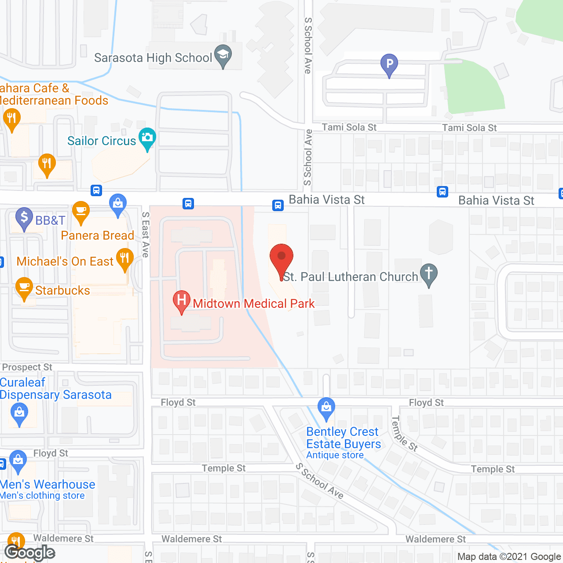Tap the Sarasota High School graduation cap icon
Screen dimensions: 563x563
click(223, 55)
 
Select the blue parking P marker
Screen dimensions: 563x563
click(389, 64)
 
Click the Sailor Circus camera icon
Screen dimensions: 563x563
click(147, 138)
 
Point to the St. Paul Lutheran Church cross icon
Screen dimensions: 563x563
click(429, 274)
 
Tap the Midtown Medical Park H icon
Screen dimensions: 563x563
click(181, 301)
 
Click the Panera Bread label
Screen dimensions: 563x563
click(97, 236)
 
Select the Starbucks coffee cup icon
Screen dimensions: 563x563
click(24, 288)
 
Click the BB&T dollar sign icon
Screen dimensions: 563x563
click(24, 218)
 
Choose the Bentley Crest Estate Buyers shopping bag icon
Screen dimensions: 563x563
click(326, 408)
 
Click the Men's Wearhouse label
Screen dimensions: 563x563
click(48, 484)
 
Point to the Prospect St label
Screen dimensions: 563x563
click(27, 367)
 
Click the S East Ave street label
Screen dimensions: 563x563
click(146, 234)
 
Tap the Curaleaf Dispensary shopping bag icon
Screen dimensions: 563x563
click(19, 414)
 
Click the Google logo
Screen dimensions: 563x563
click(30, 552)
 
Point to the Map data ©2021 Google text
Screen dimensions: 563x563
click(509, 557)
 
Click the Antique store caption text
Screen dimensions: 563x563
click(335, 455)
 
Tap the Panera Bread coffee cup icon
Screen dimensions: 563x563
click(81, 211)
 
